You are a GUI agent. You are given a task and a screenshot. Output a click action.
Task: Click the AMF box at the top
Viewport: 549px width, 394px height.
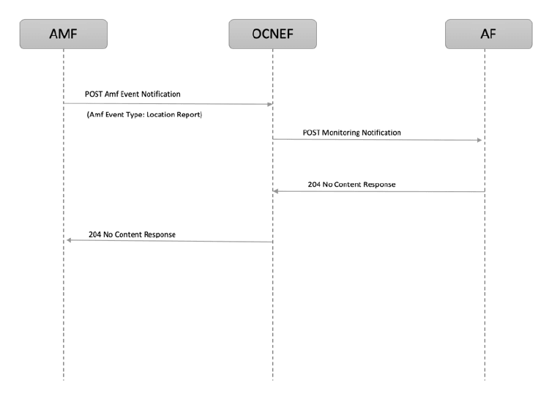[x=64, y=34]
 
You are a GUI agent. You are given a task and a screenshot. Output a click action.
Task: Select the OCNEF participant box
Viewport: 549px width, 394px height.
[x=272, y=34]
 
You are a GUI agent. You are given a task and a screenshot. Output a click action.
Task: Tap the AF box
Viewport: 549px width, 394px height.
[x=484, y=34]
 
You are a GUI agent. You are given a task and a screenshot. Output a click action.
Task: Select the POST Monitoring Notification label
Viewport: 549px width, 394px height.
[x=352, y=133]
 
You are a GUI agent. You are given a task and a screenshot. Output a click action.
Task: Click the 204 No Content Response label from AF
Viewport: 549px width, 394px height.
[x=351, y=185]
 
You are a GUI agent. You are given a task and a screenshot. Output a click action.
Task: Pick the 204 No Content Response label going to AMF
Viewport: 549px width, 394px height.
[x=132, y=234]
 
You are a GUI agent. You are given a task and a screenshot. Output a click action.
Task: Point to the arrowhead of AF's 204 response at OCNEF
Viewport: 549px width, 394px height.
[x=277, y=191]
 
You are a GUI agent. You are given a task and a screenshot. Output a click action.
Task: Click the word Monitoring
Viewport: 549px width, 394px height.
[x=345, y=133]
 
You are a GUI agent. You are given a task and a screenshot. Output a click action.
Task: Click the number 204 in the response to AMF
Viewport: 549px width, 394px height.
[x=94, y=234]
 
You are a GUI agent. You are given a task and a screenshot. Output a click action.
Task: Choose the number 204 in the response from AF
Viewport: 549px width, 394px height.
[x=314, y=185]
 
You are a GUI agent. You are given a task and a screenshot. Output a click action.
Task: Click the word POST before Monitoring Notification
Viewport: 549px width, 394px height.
[x=312, y=133]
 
